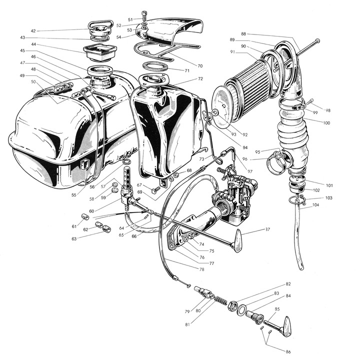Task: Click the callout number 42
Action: [33, 31]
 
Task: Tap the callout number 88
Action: [243, 34]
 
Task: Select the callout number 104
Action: [315, 205]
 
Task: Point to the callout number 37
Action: [267, 229]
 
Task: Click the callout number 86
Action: [288, 352]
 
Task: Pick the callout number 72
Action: [200, 78]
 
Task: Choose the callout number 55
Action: [74, 195]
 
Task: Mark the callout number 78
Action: [201, 269]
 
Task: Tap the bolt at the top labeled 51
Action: [144, 16]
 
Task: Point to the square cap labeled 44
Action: [99, 53]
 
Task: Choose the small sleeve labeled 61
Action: [85, 217]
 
